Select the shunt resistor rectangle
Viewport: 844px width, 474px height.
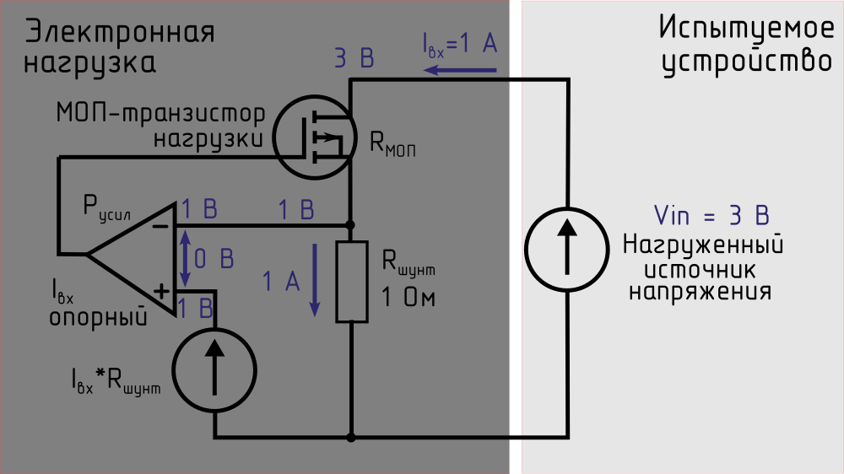point(351,281)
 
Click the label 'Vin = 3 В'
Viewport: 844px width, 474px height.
point(711,215)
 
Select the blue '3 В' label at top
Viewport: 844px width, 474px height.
point(354,59)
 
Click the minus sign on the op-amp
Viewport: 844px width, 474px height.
point(160,225)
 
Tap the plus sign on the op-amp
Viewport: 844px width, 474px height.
point(160,291)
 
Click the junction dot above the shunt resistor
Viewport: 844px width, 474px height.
point(351,225)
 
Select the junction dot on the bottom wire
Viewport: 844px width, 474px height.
point(351,438)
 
